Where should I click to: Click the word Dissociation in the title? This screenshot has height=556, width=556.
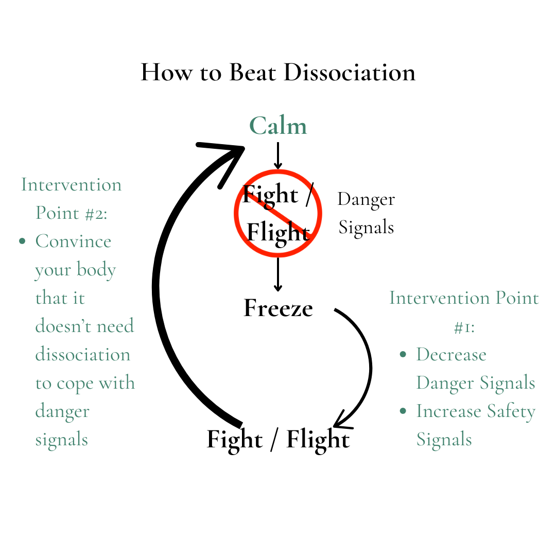click(x=350, y=72)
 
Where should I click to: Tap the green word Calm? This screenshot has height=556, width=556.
click(x=278, y=126)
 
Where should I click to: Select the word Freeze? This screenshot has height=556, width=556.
click(x=278, y=308)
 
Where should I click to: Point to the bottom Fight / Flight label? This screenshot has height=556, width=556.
click(x=278, y=440)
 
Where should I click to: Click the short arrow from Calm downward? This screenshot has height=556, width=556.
click(x=278, y=155)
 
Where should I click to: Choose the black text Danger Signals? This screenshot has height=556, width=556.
click(x=366, y=213)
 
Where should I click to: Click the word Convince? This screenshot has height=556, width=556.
click(x=73, y=241)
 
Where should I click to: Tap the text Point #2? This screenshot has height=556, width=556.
click(x=72, y=213)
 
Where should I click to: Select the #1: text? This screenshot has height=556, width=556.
click(x=464, y=326)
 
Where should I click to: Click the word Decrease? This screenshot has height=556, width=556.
click(x=451, y=355)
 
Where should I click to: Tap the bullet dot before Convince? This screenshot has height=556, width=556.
click(x=22, y=241)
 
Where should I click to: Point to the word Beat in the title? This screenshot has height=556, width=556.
click(x=253, y=72)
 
